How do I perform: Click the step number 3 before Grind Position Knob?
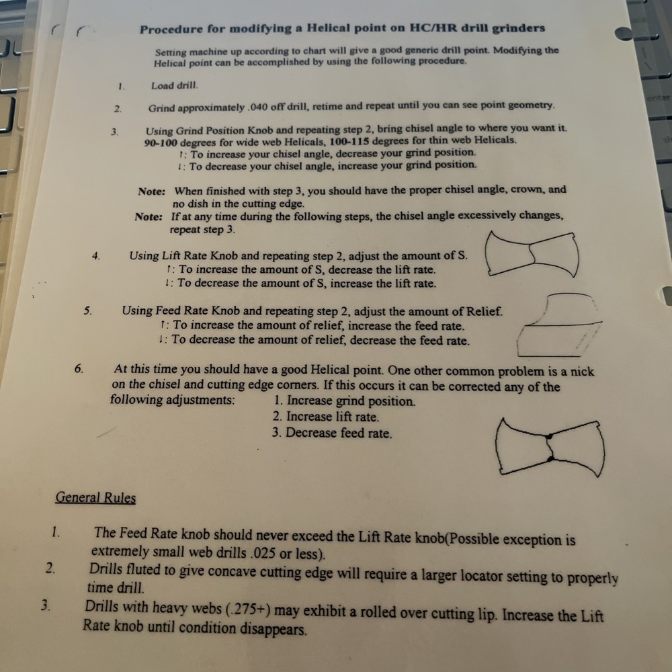pyautogui.click(x=114, y=131)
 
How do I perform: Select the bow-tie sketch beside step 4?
pyautogui.click(x=531, y=254)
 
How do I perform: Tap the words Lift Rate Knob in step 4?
pyautogui.click(x=202, y=256)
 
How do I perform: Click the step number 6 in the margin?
pyautogui.click(x=79, y=368)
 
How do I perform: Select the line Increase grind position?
pyautogui.click(x=344, y=401)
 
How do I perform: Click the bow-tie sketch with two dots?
pyautogui.click(x=550, y=446)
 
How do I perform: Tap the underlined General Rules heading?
pyautogui.click(x=95, y=498)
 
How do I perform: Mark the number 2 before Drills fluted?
pyautogui.click(x=50, y=568)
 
